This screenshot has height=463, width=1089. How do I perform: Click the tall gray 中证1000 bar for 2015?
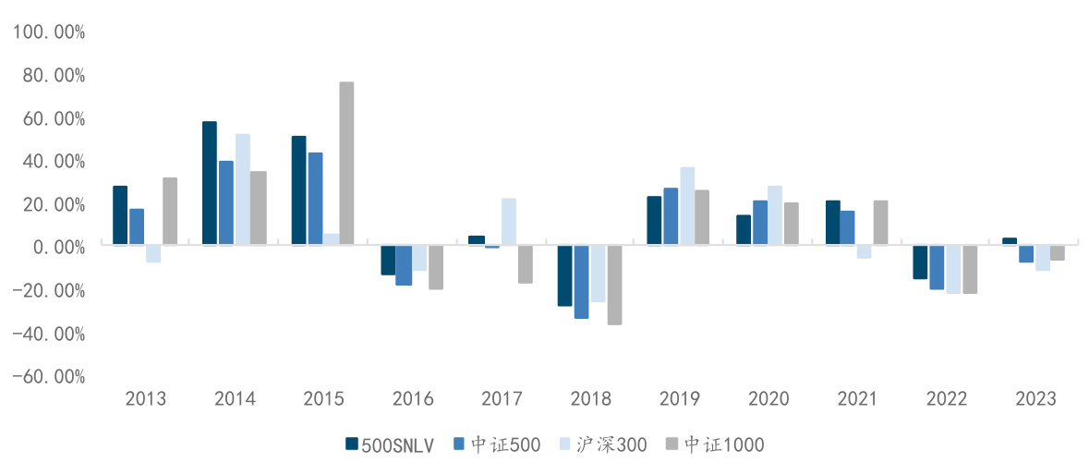coord(346,164)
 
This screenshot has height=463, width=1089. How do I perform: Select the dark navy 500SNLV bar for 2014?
coord(210,184)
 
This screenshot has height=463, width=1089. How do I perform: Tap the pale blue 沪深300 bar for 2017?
coord(509,223)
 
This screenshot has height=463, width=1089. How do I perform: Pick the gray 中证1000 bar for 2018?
coord(614,286)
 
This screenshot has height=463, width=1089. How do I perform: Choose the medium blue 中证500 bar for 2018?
coord(581,283)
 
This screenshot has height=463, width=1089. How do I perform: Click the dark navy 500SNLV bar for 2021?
coord(833,224)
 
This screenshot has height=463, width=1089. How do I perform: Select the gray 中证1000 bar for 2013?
coord(170,212)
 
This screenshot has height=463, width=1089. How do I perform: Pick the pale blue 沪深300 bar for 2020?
coord(775,216)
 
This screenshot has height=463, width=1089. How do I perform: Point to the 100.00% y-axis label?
coord(48,32)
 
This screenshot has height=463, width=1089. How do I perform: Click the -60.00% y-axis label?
coord(48,377)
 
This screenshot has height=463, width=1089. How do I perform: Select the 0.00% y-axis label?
coord(53,248)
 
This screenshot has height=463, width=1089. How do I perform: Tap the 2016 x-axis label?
coord(413,400)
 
